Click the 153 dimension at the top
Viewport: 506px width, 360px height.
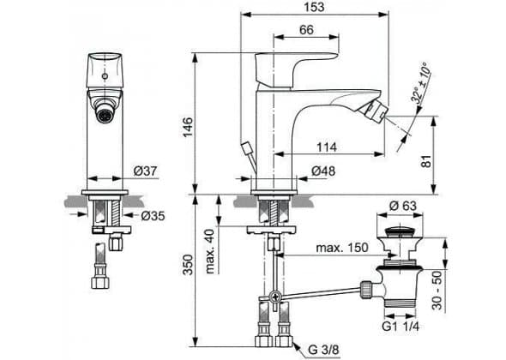point(314,7)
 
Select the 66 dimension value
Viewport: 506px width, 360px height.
point(306,30)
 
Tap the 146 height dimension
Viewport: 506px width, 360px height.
point(188,128)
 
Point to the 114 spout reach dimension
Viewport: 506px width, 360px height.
point(327,147)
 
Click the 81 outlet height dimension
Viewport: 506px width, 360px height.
point(426,161)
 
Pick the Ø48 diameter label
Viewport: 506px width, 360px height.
point(323,171)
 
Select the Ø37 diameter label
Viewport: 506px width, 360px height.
point(145,171)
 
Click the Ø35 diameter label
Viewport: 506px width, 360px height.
point(153,215)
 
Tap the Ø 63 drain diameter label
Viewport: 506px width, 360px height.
point(403,206)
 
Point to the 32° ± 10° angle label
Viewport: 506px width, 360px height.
point(421,83)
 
